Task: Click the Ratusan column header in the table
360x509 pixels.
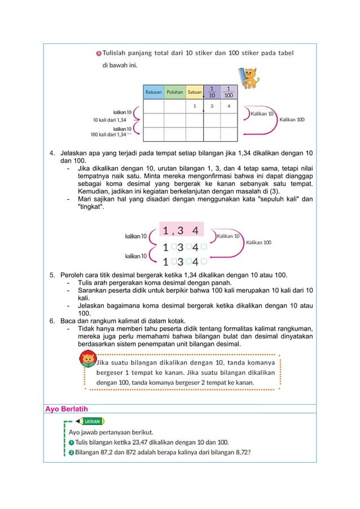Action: pyautogui.click(x=153, y=91)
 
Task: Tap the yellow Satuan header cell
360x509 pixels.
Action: pyautogui.click(x=195, y=91)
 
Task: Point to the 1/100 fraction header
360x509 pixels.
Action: pyautogui.click(x=229, y=91)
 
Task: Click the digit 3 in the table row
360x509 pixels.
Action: pyautogui.click(x=212, y=106)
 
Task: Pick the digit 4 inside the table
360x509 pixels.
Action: pyautogui.click(x=229, y=106)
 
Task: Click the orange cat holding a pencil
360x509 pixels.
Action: pyautogui.click(x=249, y=77)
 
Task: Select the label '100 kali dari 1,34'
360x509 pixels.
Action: pyautogui.click(x=108, y=135)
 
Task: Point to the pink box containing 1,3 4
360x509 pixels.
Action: pyautogui.click(x=185, y=231)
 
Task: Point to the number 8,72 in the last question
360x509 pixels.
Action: pyautogui.click(x=239, y=453)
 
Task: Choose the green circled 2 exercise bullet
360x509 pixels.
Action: pyautogui.click(x=71, y=453)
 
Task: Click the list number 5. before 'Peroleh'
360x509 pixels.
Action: pyautogui.click(x=52, y=275)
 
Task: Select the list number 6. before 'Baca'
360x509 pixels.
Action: pyautogui.click(x=52, y=321)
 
